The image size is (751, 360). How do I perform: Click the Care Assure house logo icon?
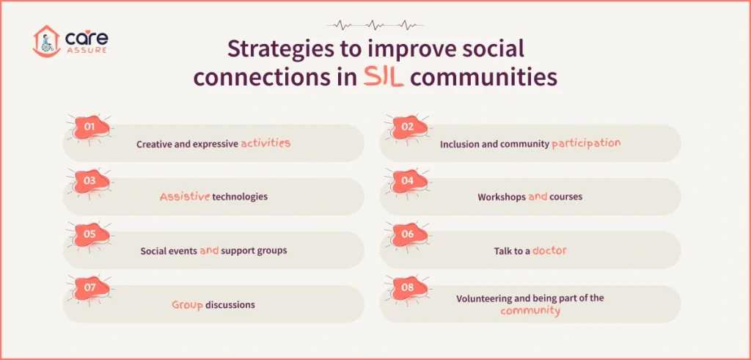coord(45,43)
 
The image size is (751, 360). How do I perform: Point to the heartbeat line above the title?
coord(375,24)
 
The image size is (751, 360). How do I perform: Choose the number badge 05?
coord(90,235)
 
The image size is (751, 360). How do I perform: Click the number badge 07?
coord(90,288)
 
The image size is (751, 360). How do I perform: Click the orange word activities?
coord(265,144)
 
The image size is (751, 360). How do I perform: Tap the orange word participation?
coord(586,144)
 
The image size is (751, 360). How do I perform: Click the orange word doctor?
coord(549,251)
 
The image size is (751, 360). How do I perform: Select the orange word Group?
coord(186,304)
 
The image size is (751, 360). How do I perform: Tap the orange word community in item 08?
coord(530,311)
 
